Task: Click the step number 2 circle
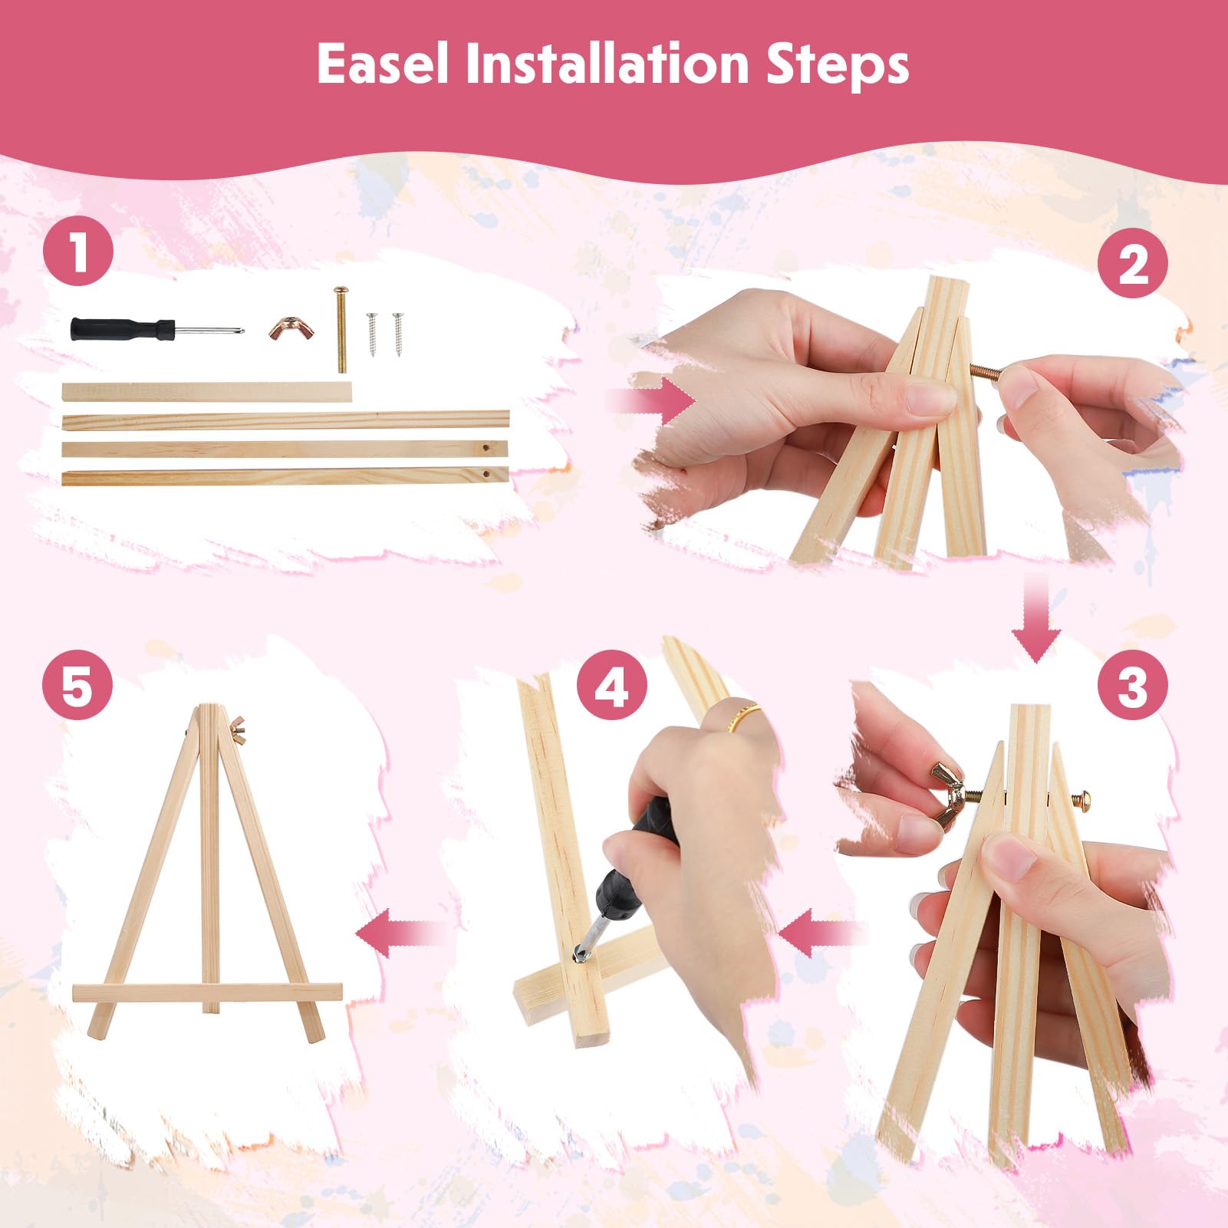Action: (1133, 265)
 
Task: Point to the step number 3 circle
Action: (1133, 685)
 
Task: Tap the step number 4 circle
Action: (612, 685)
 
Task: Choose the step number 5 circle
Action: (77, 685)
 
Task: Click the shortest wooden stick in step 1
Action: (207, 392)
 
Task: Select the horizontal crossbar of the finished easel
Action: (207, 993)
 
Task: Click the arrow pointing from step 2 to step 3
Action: (1036, 617)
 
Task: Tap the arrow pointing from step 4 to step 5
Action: (401, 933)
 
